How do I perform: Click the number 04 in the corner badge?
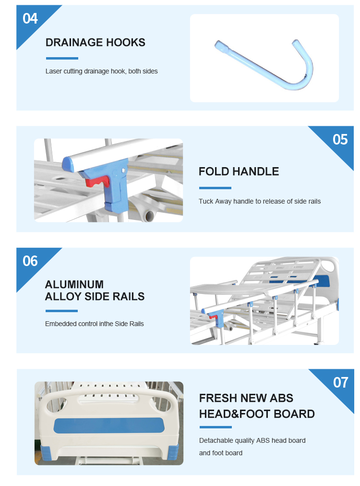(30, 19)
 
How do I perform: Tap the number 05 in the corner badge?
(340, 139)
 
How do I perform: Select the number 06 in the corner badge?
(30, 261)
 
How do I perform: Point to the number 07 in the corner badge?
(340, 382)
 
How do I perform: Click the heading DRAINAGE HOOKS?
(96, 42)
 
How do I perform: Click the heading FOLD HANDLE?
(239, 171)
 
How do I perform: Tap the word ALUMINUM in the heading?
(74, 284)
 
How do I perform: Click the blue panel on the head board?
(108, 425)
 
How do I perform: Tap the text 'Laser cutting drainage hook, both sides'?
(102, 71)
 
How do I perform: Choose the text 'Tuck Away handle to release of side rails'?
(260, 202)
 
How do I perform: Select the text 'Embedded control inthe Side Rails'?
(95, 324)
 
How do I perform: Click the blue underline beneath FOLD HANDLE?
(215, 188)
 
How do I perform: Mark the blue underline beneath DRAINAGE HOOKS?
(62, 58)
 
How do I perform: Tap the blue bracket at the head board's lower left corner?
(46, 452)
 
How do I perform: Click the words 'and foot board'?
(221, 453)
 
